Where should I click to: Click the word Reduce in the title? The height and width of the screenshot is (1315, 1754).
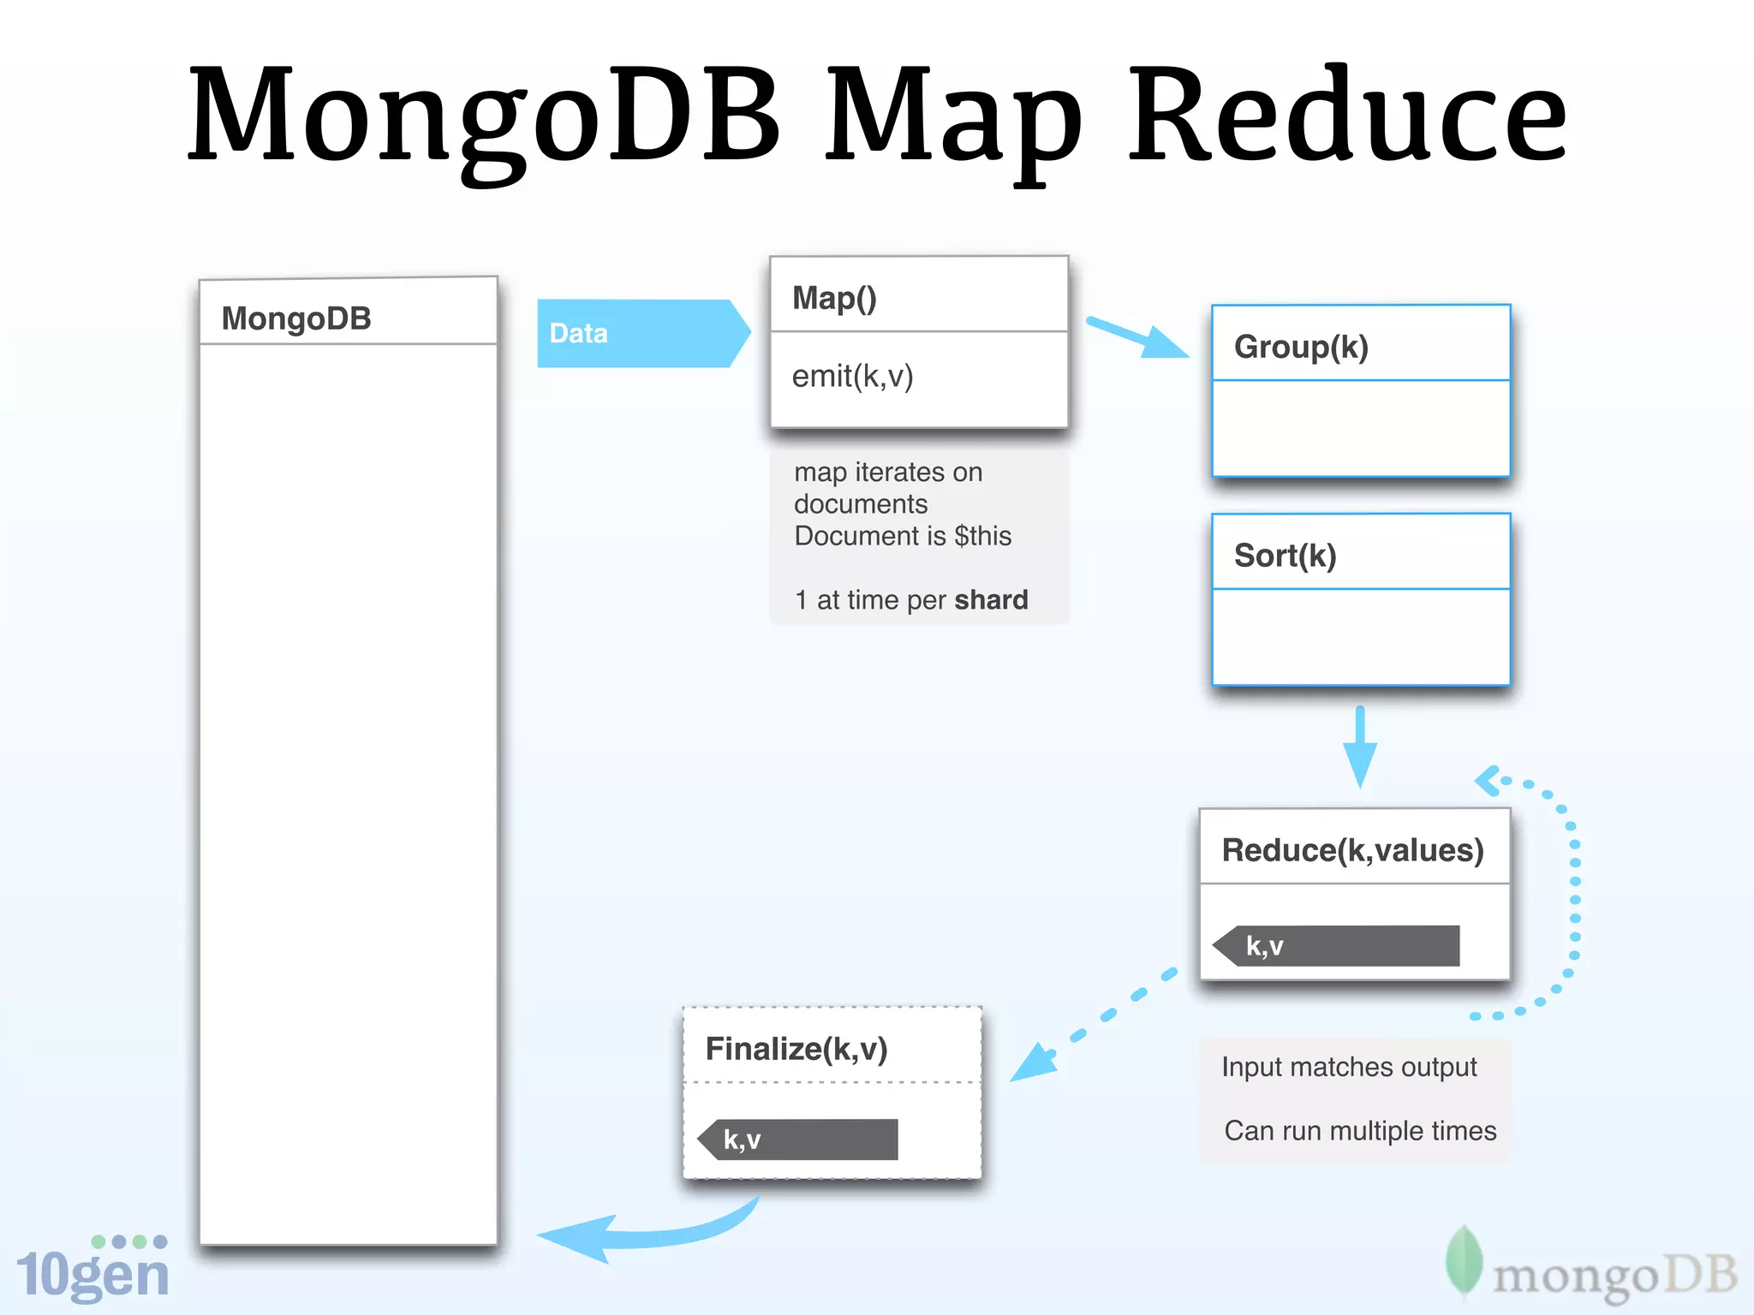pos(1346,116)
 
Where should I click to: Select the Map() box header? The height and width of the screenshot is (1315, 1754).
pos(834,298)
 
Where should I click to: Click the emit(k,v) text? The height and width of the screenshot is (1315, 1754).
pos(852,376)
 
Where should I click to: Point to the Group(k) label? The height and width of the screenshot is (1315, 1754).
pos(1300,347)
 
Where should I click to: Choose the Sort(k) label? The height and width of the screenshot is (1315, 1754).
pos(1285,556)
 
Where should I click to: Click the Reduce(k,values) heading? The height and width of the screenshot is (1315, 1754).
pos(1351,850)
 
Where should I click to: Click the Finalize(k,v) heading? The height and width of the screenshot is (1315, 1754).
pos(796,1049)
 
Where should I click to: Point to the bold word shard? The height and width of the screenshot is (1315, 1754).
pos(991,599)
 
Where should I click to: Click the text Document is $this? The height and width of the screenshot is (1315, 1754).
pos(902,536)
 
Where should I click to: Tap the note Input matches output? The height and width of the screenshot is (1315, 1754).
pos(1348,1067)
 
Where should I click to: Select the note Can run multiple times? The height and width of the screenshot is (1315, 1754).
pos(1359,1131)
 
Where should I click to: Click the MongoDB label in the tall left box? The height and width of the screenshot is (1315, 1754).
pos(295,318)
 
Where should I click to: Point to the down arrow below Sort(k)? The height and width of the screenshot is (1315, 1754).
pos(1359,747)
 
